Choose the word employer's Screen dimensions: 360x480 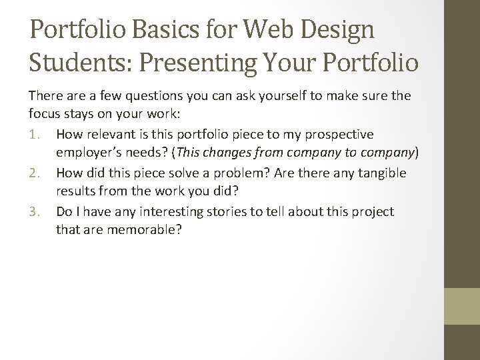pos(89,154)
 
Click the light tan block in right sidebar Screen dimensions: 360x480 pos(462,306)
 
